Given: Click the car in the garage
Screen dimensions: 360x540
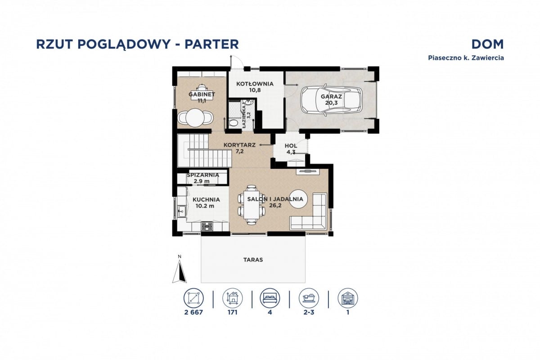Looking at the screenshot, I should point(331,100).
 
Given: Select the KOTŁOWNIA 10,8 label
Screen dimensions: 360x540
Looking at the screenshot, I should point(255,86).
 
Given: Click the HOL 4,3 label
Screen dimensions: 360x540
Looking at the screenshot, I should point(291,148).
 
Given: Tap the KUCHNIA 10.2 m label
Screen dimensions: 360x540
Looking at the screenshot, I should point(205,202).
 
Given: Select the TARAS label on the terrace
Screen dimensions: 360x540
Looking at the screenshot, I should point(253,260).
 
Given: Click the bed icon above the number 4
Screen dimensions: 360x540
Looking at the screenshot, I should point(270,297).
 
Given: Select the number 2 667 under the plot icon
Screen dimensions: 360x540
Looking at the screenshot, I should point(194,312).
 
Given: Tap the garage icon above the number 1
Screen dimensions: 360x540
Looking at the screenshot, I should point(348,297).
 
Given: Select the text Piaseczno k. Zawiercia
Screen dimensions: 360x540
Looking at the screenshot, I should point(465,58).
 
